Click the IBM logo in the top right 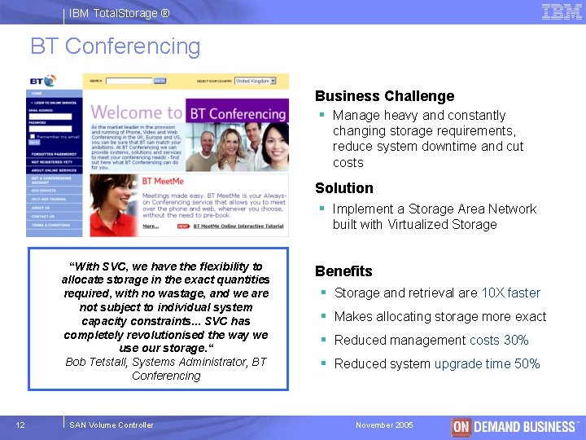click(x=562, y=11)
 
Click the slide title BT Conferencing click(x=115, y=46)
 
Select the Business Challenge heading click(x=384, y=96)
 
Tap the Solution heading click(x=343, y=188)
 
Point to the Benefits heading click(x=343, y=271)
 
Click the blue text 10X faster click(x=510, y=293)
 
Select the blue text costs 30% click(x=499, y=341)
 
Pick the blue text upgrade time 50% click(x=487, y=364)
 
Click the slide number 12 click(x=21, y=425)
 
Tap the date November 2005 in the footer click(x=384, y=425)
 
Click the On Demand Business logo click(x=515, y=426)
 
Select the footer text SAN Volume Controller click(x=112, y=425)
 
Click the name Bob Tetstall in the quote click(x=95, y=362)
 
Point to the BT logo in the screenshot click(x=42, y=81)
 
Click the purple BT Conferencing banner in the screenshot click(x=237, y=112)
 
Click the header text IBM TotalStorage click(x=120, y=13)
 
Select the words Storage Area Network click(x=472, y=209)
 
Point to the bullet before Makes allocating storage click(x=323, y=317)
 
